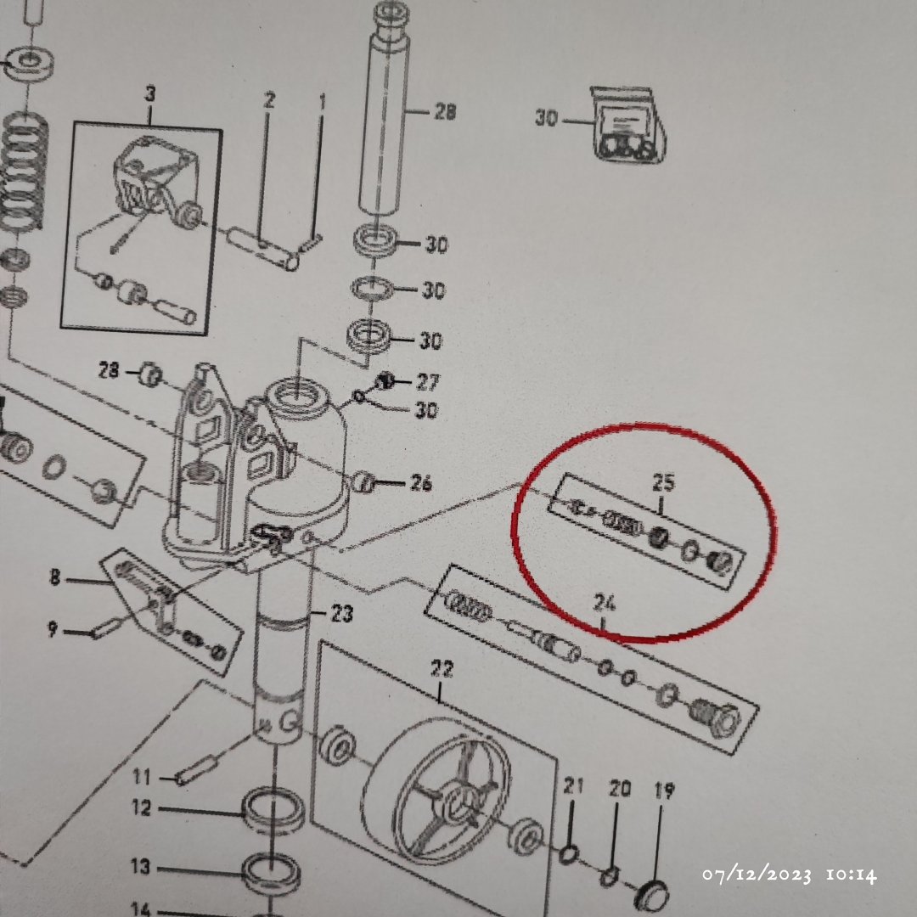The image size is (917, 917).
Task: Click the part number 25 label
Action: click(x=663, y=482)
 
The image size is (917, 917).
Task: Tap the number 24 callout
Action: click(x=605, y=602)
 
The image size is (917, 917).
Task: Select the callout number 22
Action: click(x=442, y=668)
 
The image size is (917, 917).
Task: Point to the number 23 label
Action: click(x=342, y=614)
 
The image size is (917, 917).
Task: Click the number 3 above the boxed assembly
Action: click(x=150, y=93)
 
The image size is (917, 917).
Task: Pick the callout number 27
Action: click(x=427, y=382)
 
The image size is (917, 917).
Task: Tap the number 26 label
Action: click(x=421, y=483)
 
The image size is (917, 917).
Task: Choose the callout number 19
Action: click(x=664, y=790)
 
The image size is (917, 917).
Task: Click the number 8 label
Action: click(x=54, y=578)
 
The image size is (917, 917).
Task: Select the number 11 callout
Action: click(x=142, y=777)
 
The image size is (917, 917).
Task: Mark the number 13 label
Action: click(x=140, y=866)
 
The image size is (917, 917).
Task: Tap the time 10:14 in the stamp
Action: click(x=852, y=875)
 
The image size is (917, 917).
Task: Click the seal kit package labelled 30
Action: click(x=627, y=125)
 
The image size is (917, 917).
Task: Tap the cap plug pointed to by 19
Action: click(x=651, y=893)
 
